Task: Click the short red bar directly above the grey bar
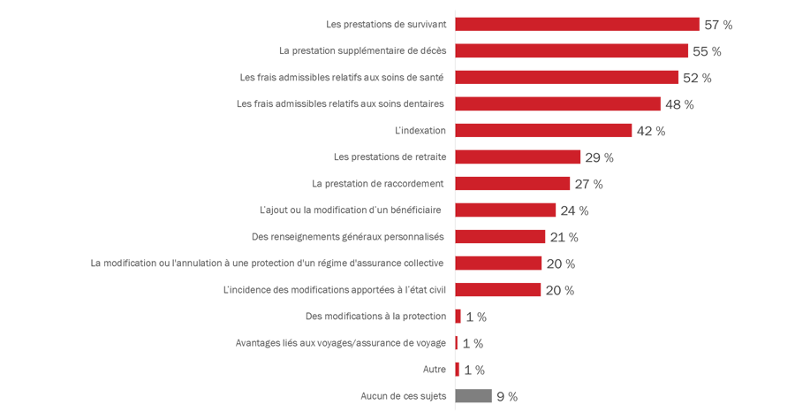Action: pyautogui.click(x=460, y=370)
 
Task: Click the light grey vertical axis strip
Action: pyautogui.click(x=452, y=212)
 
